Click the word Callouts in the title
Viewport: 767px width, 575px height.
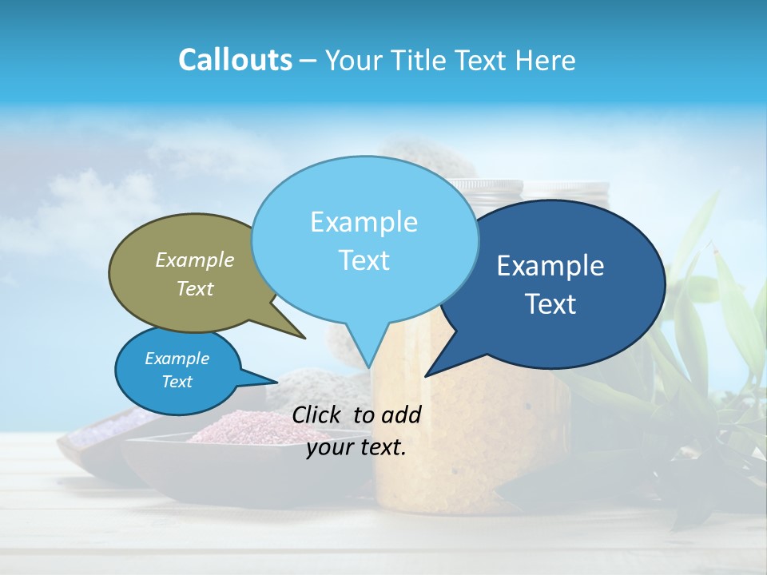pos(235,60)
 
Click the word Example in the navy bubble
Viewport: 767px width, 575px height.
pos(550,266)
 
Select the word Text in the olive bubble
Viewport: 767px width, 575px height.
pos(195,289)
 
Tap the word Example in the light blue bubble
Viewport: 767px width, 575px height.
pos(364,222)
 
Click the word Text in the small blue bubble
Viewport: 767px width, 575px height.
pos(177,382)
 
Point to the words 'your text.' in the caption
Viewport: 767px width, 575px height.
pos(356,448)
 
